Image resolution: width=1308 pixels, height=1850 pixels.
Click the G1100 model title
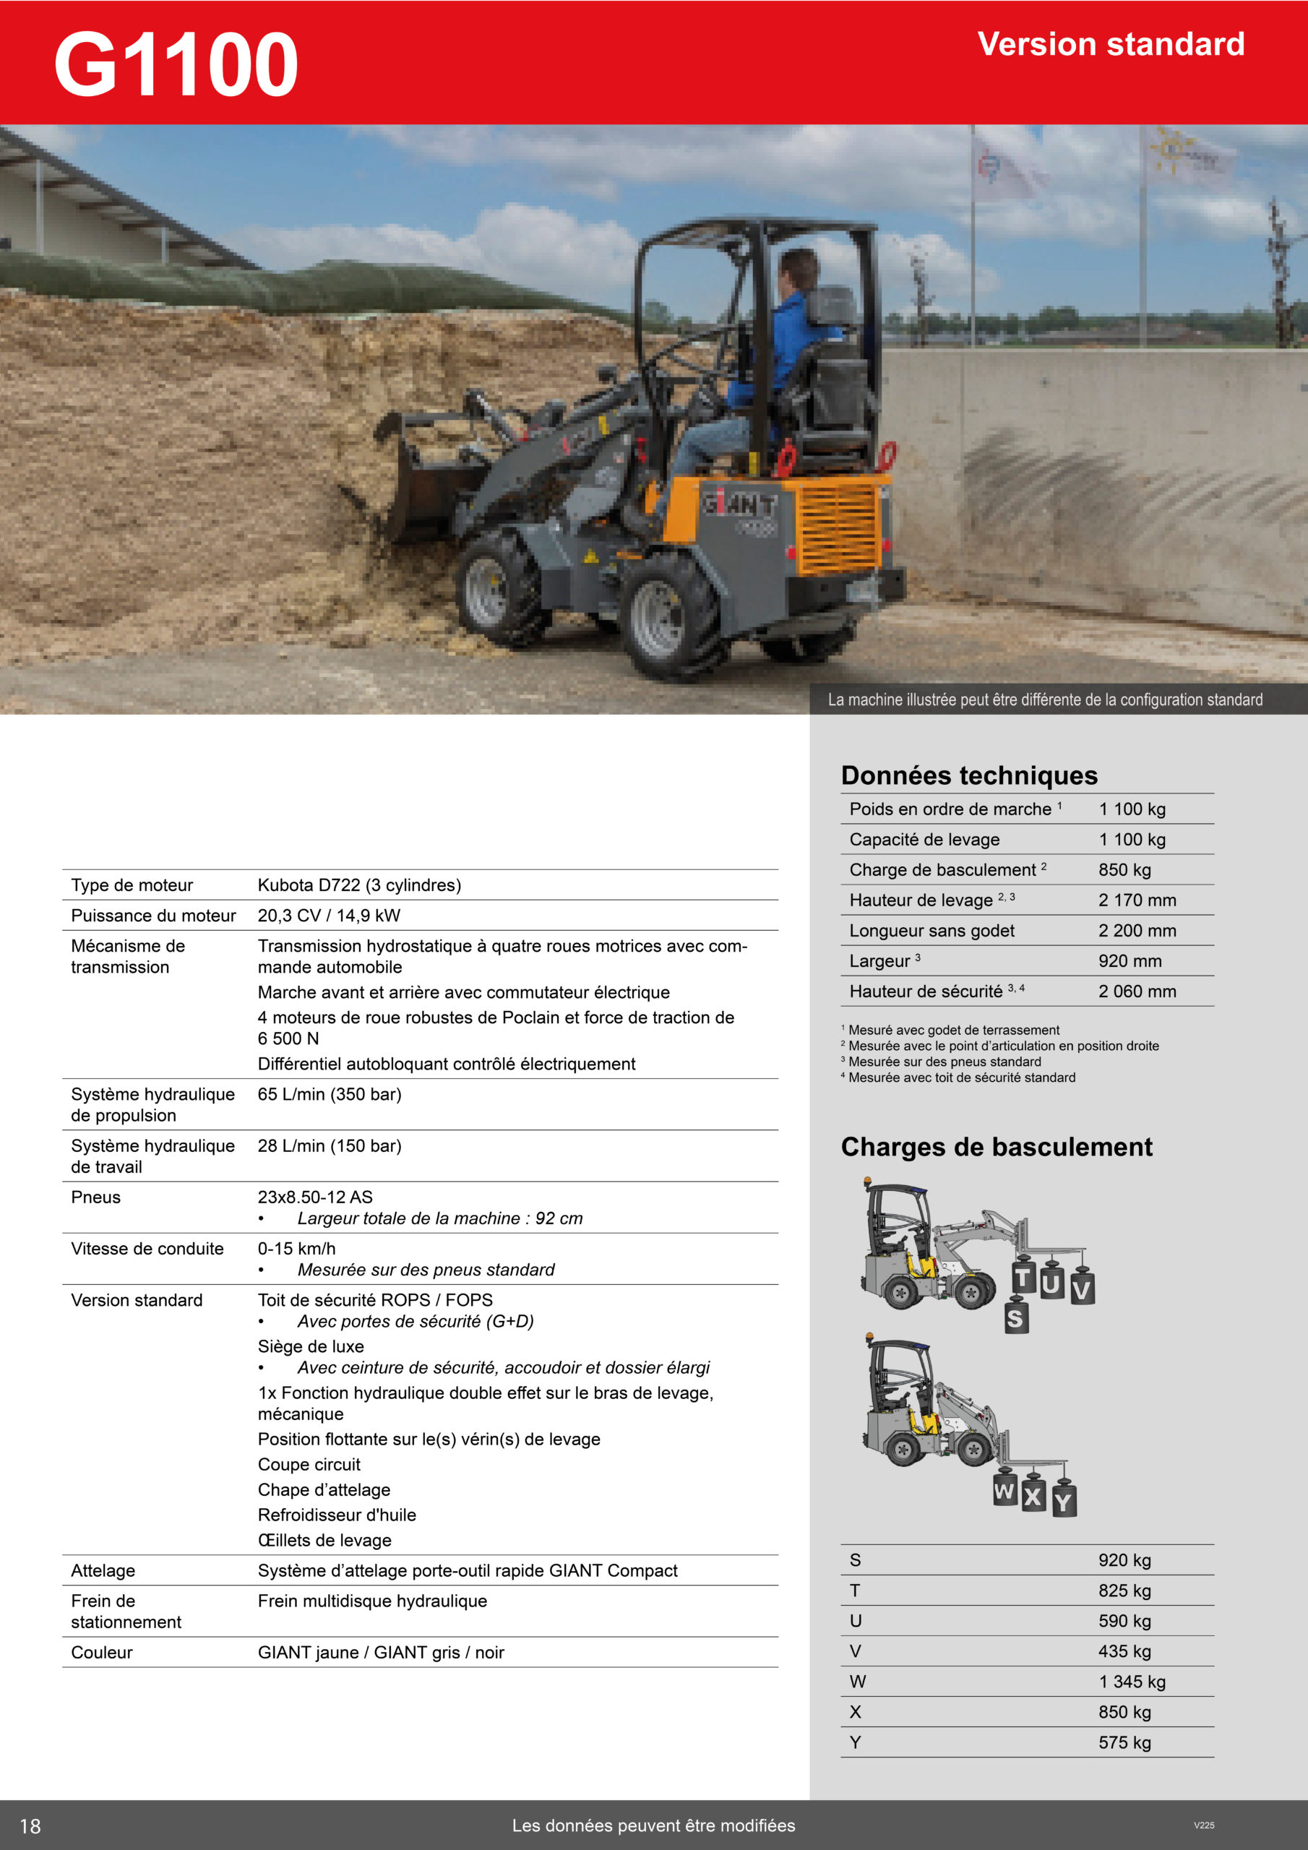tap(176, 64)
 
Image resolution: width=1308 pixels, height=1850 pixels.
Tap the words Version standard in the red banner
tap(1111, 44)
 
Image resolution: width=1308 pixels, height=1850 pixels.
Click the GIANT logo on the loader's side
tap(739, 504)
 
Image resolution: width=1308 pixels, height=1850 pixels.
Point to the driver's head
tap(798, 267)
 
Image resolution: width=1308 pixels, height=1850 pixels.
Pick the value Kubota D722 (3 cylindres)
tap(359, 885)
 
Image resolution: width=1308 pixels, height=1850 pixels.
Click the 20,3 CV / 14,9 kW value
tap(329, 916)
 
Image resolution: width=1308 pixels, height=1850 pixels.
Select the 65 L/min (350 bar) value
tap(330, 1094)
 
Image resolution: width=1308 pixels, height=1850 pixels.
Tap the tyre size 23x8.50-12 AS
tap(315, 1197)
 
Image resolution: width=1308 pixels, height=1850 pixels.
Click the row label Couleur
tap(102, 1653)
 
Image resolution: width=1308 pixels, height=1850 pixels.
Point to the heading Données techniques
tap(968, 775)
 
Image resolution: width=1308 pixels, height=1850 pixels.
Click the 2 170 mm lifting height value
tap(1137, 900)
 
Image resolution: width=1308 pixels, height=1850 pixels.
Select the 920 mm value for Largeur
tap(1130, 961)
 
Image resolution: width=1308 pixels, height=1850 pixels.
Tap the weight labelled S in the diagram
tap(1015, 1318)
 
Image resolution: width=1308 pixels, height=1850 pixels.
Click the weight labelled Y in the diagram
tap(1063, 1500)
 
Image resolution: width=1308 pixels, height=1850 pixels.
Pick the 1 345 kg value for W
tap(1132, 1682)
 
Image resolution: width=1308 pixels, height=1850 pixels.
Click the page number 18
tap(30, 1826)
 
